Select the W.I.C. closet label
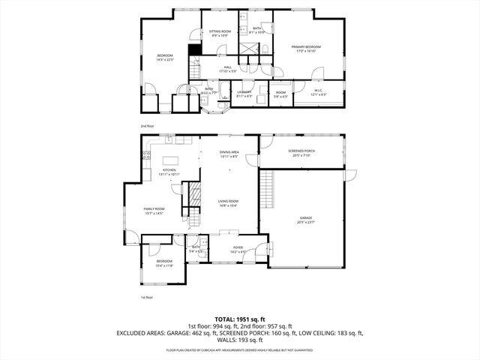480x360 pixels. click(x=318, y=91)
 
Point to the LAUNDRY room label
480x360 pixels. click(x=244, y=91)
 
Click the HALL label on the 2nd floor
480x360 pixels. click(x=227, y=67)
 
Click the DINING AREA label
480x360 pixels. click(x=229, y=152)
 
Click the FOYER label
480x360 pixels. click(x=238, y=248)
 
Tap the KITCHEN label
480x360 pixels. click(x=169, y=170)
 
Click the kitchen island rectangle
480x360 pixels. click(x=171, y=160)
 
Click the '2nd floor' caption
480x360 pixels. click(x=147, y=126)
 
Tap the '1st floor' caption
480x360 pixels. click(x=147, y=298)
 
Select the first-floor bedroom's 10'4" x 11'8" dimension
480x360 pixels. click(x=163, y=265)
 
